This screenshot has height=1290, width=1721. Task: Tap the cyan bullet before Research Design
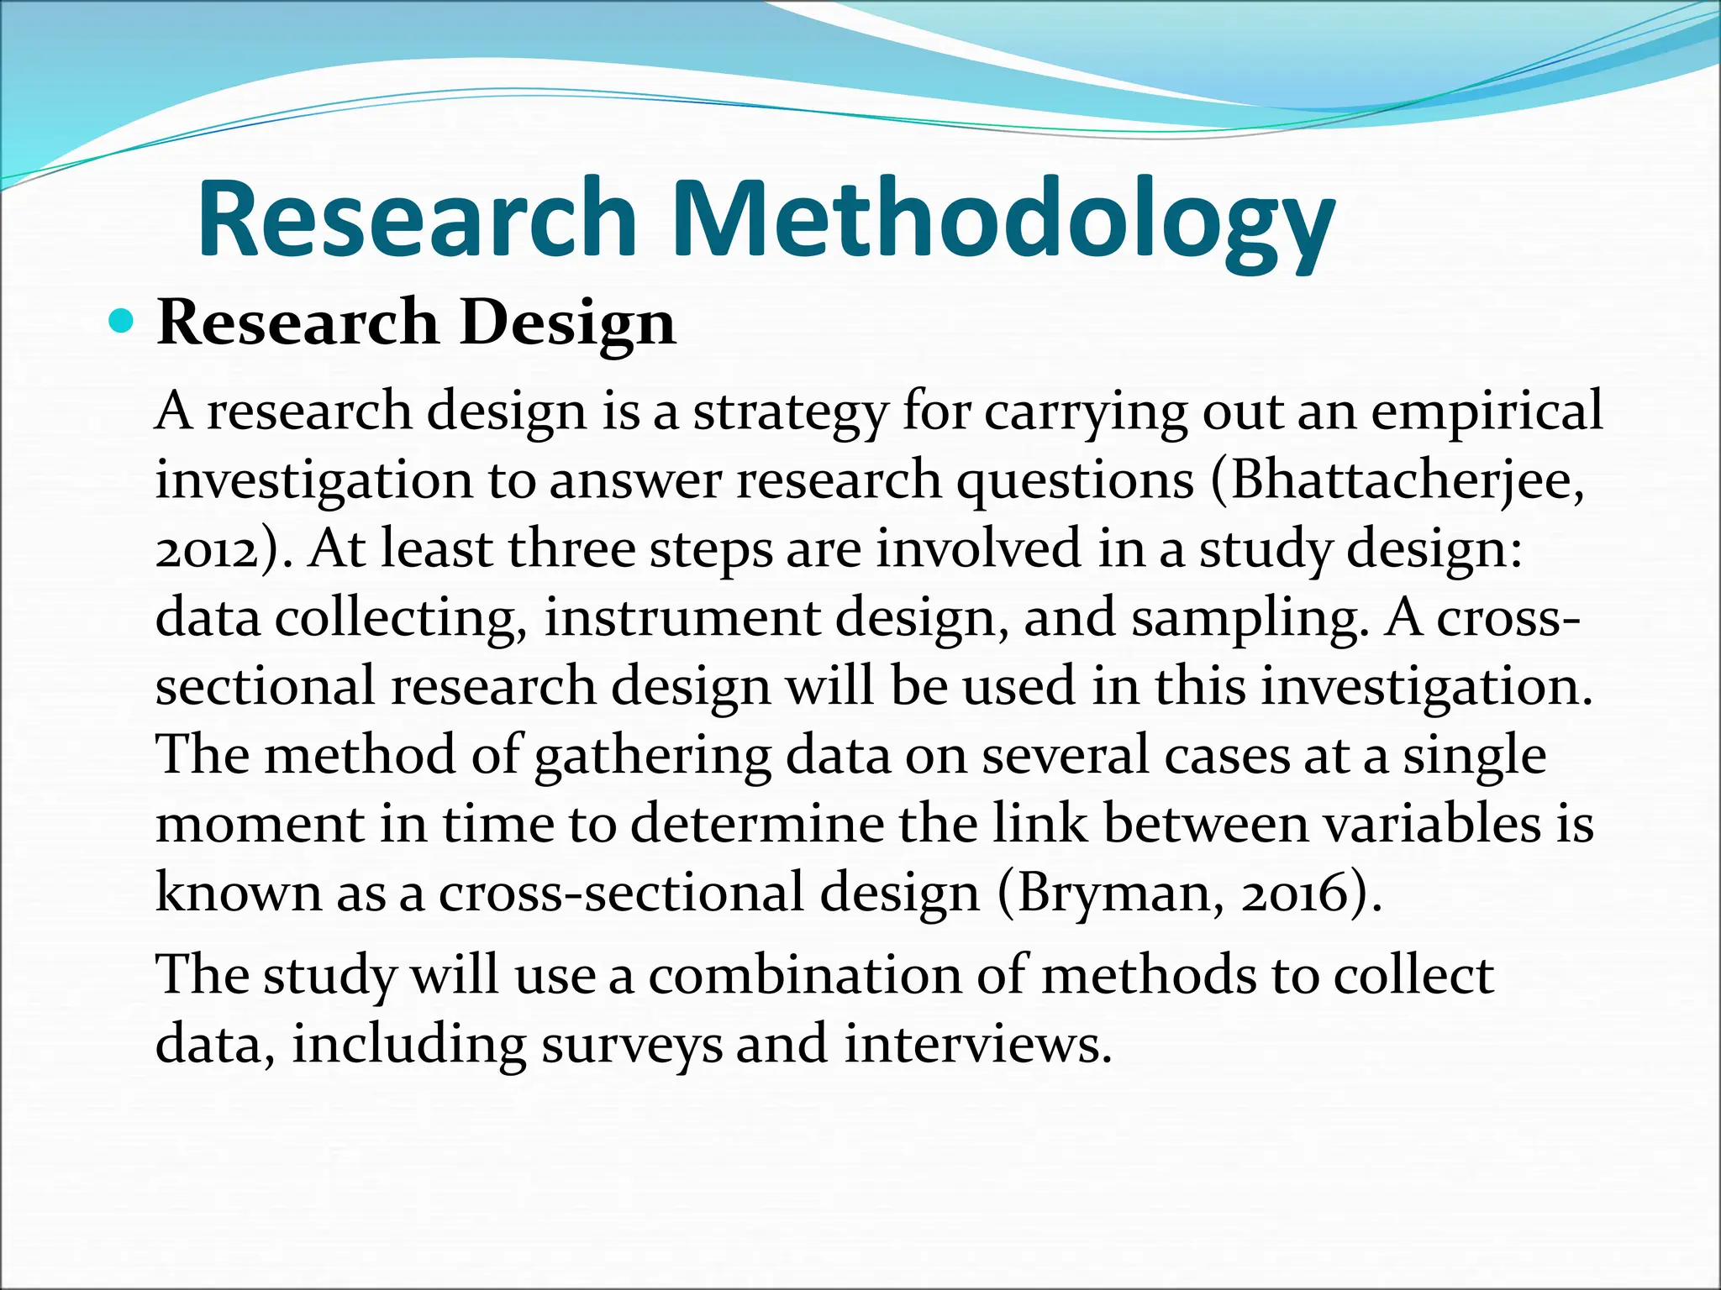[x=122, y=321]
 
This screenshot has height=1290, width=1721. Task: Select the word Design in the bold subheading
[x=568, y=322]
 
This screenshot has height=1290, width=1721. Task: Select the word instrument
[x=682, y=618]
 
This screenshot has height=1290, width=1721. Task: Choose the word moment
[x=260, y=824]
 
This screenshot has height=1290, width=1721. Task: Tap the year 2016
[x=1295, y=894]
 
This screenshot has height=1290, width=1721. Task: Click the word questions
[x=1076, y=482]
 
